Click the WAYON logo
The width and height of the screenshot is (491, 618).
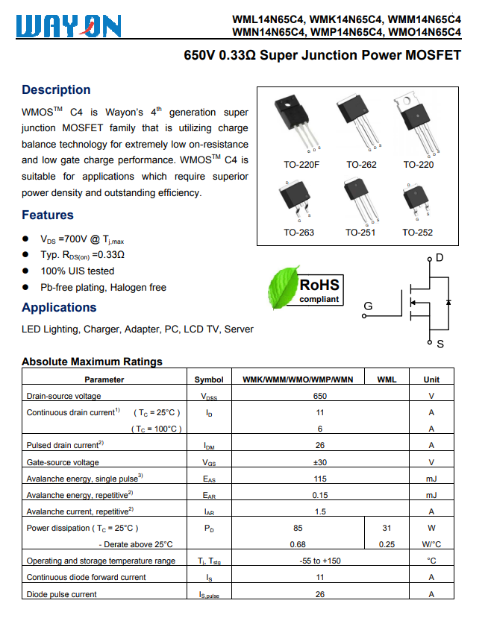click(x=67, y=27)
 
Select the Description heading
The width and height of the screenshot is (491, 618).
click(x=56, y=90)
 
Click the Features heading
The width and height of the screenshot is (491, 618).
click(x=48, y=215)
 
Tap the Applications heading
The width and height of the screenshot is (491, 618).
click(x=59, y=308)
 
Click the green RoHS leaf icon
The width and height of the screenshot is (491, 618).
click(x=281, y=290)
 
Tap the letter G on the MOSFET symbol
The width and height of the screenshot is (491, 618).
click(x=368, y=306)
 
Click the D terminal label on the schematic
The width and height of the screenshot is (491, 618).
click(x=440, y=258)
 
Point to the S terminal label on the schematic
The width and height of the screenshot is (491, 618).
click(x=440, y=344)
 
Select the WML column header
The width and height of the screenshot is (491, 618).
click(x=387, y=379)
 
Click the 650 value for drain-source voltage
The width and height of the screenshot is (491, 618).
click(x=320, y=396)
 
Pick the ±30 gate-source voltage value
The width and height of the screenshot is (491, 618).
click(x=320, y=462)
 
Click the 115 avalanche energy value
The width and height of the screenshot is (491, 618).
click(x=320, y=479)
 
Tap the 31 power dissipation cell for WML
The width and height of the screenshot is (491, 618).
click(x=387, y=528)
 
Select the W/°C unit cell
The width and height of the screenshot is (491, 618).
click(x=431, y=544)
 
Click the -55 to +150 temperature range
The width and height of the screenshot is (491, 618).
click(x=320, y=561)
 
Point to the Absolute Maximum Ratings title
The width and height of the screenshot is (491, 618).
click(x=92, y=362)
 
